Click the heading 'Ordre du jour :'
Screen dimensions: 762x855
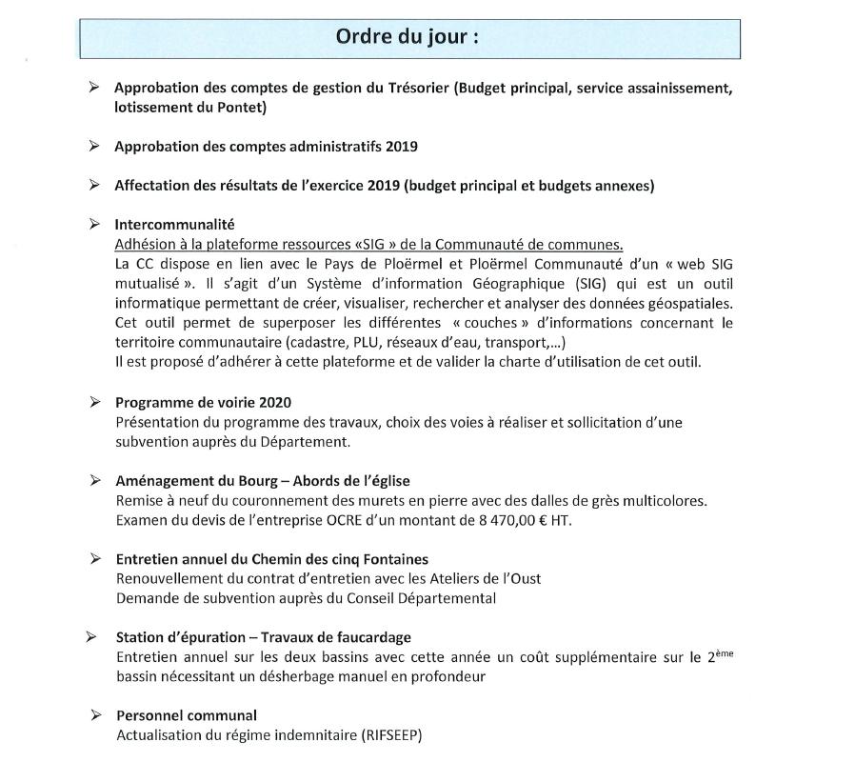(407, 38)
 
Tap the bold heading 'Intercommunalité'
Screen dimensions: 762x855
(174, 225)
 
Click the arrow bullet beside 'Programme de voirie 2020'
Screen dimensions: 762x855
(95, 401)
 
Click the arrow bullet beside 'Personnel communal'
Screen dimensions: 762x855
(95, 714)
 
